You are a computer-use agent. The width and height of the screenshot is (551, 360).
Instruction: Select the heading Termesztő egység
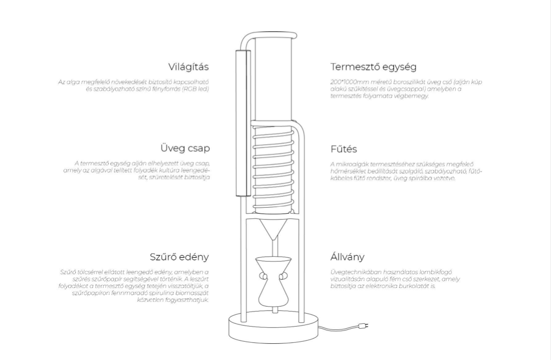click(x=373, y=67)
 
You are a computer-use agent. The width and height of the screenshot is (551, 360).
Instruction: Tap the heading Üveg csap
click(x=185, y=149)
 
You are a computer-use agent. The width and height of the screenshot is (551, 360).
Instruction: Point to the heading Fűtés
click(x=344, y=149)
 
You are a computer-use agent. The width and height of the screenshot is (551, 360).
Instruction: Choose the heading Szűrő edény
click(x=179, y=257)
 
